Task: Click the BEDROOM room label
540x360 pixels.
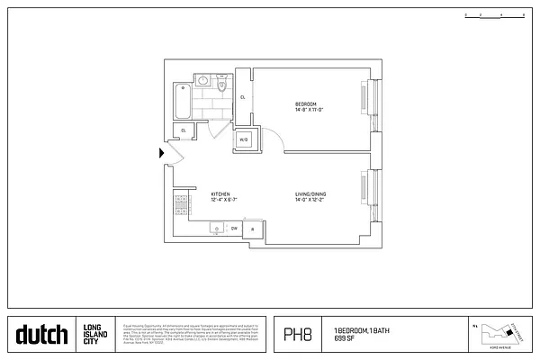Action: pyautogui.click(x=306, y=104)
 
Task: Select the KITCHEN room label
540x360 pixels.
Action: pyautogui.click(x=220, y=193)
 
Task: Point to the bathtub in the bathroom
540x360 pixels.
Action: pyautogui.click(x=184, y=102)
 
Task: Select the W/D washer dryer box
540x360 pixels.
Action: pyautogui.click(x=244, y=139)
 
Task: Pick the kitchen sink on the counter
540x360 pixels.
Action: pyautogui.click(x=217, y=229)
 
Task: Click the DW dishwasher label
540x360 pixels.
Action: pyautogui.click(x=234, y=229)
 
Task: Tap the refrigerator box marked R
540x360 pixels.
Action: pyautogui.click(x=253, y=229)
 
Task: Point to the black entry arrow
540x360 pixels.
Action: pyautogui.click(x=162, y=154)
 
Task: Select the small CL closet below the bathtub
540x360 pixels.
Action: pyautogui.click(x=184, y=130)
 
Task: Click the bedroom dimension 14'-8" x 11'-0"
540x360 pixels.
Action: pyautogui.click(x=309, y=110)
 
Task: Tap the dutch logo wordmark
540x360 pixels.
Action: pyautogui.click(x=41, y=336)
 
